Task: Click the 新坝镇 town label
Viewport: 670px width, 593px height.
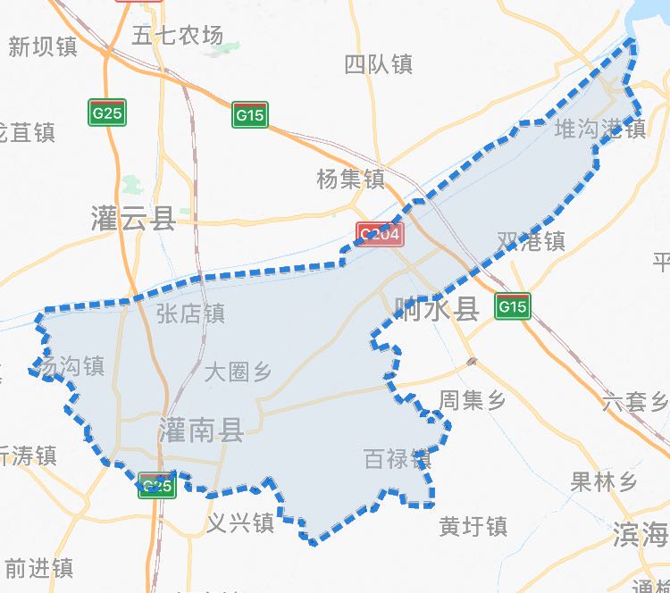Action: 43,47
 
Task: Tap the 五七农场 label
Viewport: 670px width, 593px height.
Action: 177,36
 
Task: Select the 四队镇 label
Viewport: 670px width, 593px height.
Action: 378,64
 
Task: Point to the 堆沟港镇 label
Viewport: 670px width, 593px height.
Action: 599,129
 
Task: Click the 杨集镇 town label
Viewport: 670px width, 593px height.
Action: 350,179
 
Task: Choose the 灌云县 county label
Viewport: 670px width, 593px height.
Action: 133,217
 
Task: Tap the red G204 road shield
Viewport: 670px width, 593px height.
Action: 381,235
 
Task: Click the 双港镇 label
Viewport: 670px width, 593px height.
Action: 531,241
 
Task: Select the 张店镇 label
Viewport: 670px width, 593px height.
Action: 190,313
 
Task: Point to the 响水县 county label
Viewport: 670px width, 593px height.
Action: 437,309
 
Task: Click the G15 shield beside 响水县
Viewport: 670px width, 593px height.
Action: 513,306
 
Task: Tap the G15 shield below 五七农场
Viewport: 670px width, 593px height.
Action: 250,114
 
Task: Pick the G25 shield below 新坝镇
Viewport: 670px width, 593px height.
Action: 107,113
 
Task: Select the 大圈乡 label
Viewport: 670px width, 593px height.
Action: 238,372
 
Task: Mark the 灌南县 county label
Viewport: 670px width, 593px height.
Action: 201,430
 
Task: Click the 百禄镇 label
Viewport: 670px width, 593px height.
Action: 398,460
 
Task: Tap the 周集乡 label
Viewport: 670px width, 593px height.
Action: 473,400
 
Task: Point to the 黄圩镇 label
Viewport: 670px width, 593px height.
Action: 473,527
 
